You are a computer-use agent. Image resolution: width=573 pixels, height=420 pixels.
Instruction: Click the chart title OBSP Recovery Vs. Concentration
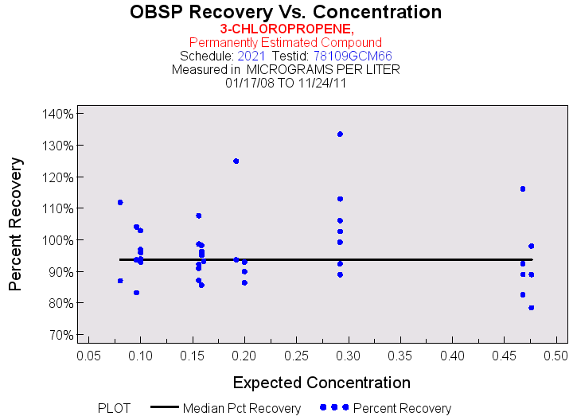tap(286, 12)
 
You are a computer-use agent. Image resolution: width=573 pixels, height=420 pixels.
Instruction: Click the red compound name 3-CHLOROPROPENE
tap(286, 29)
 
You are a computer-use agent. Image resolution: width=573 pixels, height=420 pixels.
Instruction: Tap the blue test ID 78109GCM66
tap(347, 56)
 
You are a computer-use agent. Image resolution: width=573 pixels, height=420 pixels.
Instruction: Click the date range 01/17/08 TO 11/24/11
tap(286, 82)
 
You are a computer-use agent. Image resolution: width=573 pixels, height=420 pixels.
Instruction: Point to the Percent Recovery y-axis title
tap(15, 224)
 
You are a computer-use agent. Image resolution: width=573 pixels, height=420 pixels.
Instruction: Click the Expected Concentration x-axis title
tap(322, 383)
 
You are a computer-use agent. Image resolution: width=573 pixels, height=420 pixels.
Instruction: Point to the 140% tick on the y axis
tap(57, 113)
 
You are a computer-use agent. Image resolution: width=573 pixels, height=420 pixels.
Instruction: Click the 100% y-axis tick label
tap(57, 240)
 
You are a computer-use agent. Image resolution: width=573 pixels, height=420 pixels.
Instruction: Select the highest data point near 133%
tap(340, 134)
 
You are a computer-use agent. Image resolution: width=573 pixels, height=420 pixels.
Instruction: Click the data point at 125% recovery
tap(236, 161)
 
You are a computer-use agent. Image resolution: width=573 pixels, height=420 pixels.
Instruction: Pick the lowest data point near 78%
tap(531, 308)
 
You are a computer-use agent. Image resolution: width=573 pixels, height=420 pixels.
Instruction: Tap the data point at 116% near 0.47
tap(523, 189)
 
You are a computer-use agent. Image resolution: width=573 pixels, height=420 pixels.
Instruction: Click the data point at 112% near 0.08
tap(120, 202)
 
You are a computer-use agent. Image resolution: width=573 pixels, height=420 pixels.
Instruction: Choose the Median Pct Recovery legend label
tap(242, 408)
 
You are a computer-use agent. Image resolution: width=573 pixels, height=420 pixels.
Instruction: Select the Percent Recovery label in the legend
tap(402, 408)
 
